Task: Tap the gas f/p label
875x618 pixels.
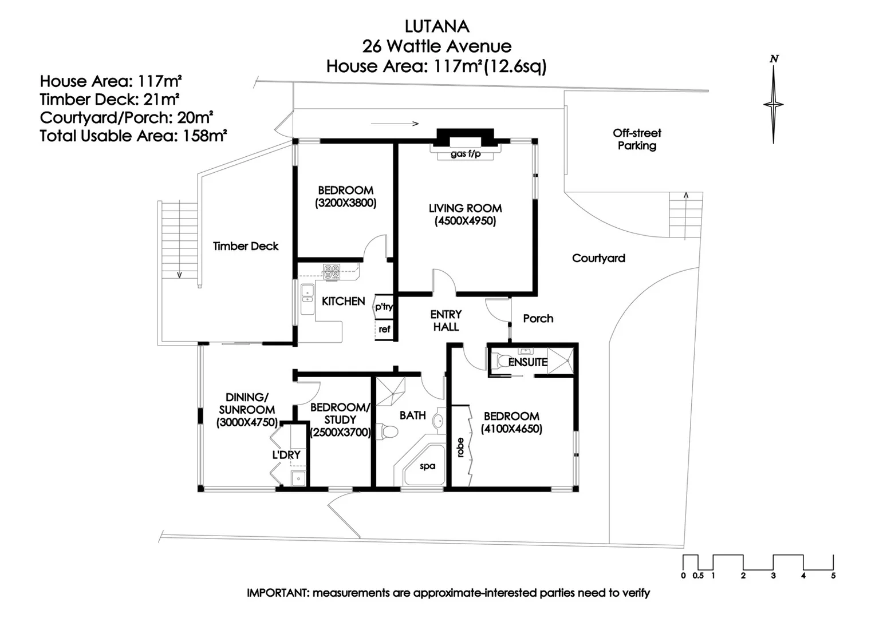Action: pyautogui.click(x=466, y=154)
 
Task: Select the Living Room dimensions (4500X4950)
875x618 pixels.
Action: pyautogui.click(x=465, y=221)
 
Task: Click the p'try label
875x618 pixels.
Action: pyautogui.click(x=384, y=307)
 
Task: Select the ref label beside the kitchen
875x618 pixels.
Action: pyautogui.click(x=384, y=329)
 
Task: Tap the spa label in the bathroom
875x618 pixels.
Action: pyautogui.click(x=427, y=466)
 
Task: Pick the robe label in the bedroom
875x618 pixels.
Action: pyautogui.click(x=460, y=447)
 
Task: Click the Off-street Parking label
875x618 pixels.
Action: pyautogui.click(x=637, y=139)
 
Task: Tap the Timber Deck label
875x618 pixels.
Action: pyautogui.click(x=246, y=246)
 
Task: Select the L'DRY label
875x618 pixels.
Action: pyautogui.click(x=286, y=455)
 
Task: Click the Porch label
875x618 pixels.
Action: pyautogui.click(x=538, y=319)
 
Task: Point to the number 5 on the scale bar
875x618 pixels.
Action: pyautogui.click(x=833, y=576)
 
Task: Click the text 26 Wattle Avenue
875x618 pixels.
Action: pyautogui.click(x=437, y=46)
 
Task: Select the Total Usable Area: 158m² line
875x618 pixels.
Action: pyautogui.click(x=133, y=136)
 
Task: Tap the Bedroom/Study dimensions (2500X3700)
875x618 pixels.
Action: pyautogui.click(x=341, y=433)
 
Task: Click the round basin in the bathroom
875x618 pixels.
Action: pyautogui.click(x=438, y=421)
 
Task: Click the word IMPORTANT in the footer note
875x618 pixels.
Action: pyautogui.click(x=277, y=593)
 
